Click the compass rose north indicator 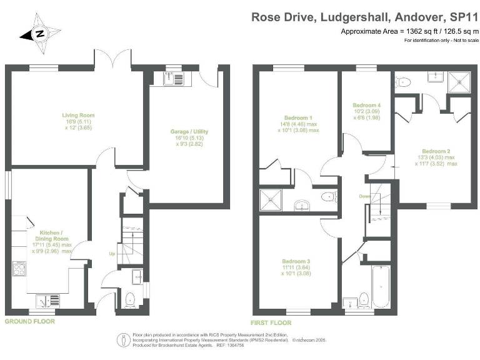[40, 34]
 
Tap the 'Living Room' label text [77, 114]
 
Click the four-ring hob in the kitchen [18, 269]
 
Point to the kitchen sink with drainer [46, 302]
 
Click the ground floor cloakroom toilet [130, 299]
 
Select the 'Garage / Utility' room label [188, 131]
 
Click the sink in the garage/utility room [173, 78]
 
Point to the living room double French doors [113, 60]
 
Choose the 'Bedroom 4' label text [366, 104]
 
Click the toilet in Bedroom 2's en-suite [403, 81]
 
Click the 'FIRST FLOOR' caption [271, 322]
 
